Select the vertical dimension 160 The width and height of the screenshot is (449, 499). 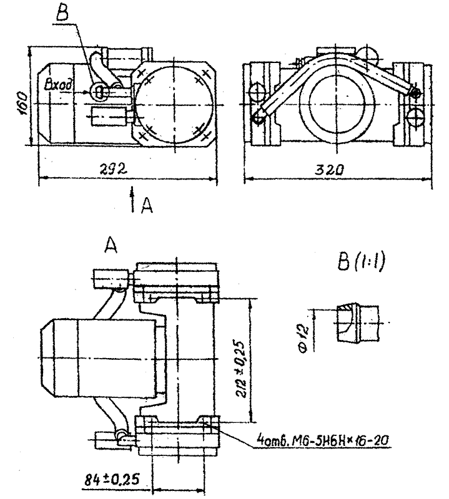(x=22, y=104)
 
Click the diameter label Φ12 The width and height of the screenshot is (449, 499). (x=303, y=337)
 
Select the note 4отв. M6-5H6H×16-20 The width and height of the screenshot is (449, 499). (x=322, y=440)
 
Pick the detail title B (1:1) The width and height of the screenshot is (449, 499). (x=361, y=262)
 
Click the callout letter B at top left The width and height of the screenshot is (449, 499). (x=62, y=12)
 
